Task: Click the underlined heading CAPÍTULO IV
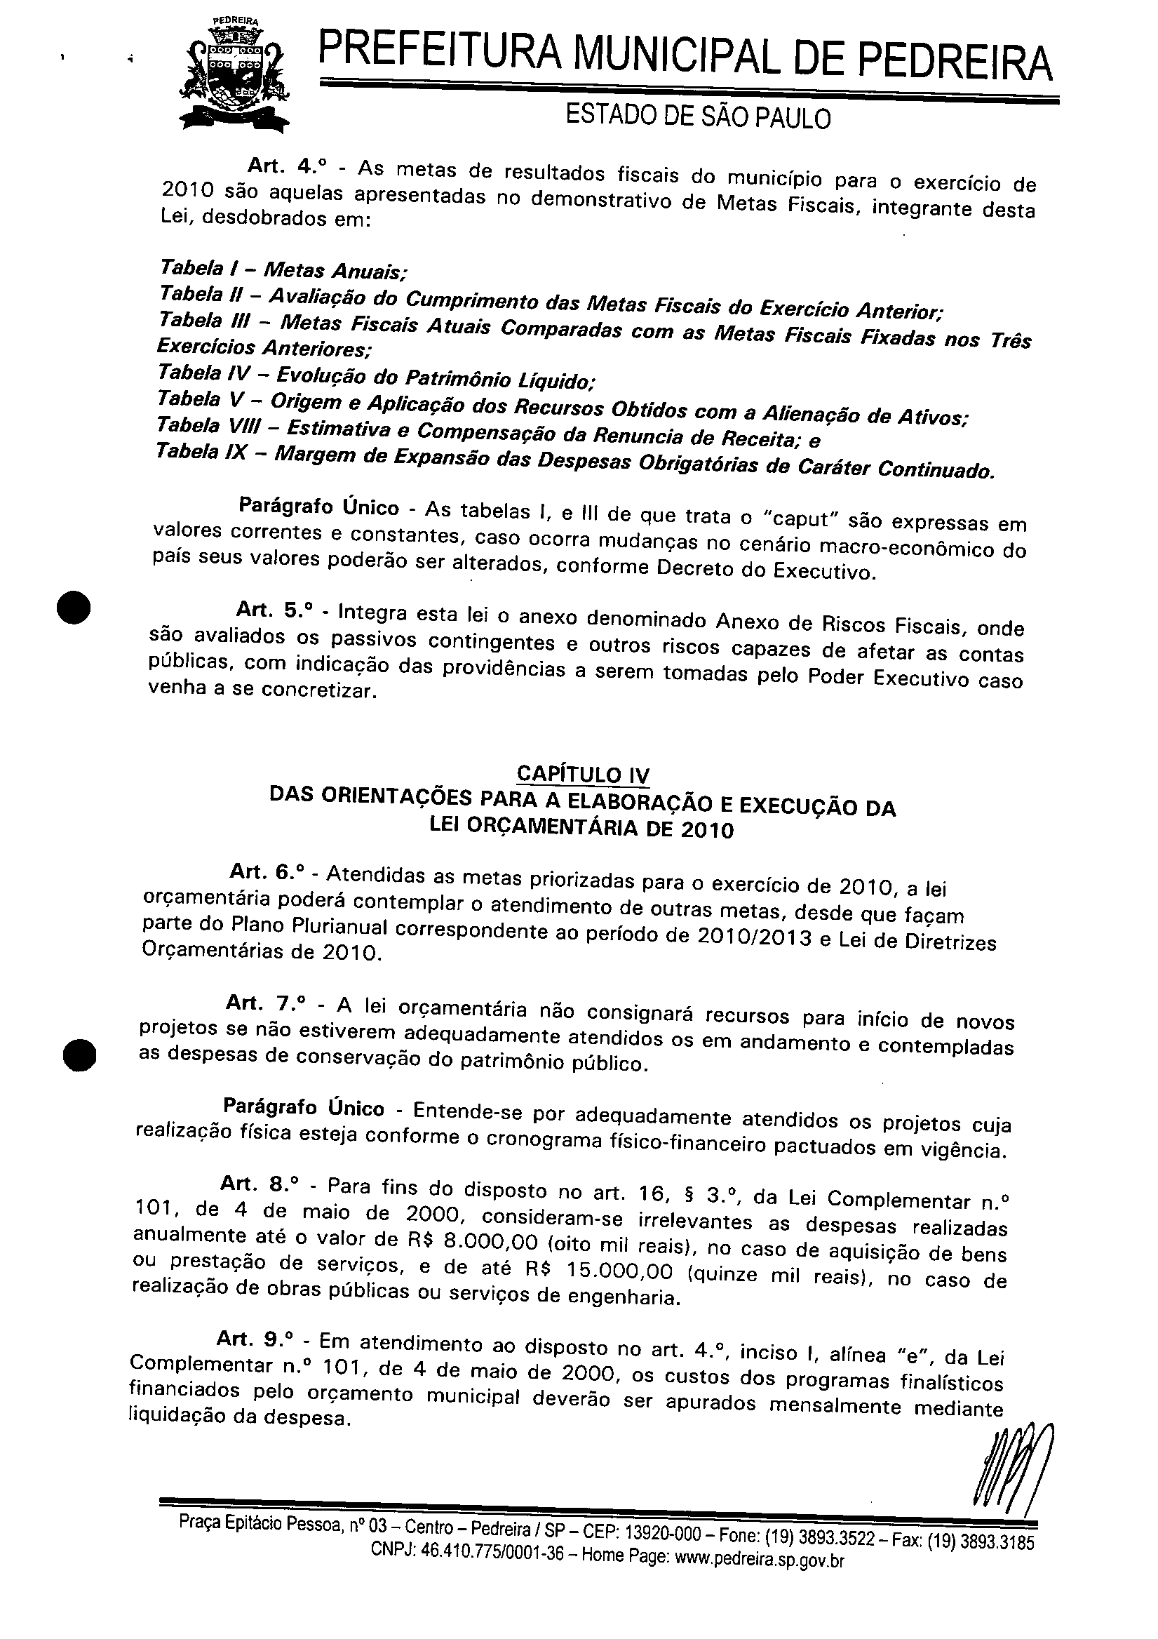point(583,775)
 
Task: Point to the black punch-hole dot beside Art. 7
point(79,1055)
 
